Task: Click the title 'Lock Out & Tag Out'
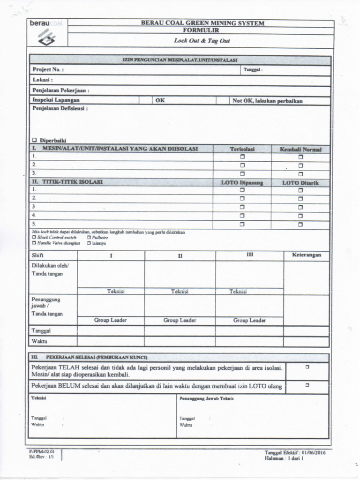coord(202,41)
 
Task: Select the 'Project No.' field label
coord(48,69)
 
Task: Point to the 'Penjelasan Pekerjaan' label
coord(60,90)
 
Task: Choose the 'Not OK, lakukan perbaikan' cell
coord(267,101)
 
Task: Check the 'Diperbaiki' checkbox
coord(34,140)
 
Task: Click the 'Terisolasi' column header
coord(242,149)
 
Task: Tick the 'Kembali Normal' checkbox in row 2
coord(300,165)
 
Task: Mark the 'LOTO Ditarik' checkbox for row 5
coord(300,225)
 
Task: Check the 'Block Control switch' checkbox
coord(34,238)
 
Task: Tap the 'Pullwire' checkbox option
coord(89,238)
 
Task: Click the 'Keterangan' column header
coord(306,255)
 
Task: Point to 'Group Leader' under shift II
coord(180,321)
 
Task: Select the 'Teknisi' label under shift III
coord(238,292)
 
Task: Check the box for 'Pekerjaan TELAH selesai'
coord(307,367)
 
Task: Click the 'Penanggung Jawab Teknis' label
coord(206,398)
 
